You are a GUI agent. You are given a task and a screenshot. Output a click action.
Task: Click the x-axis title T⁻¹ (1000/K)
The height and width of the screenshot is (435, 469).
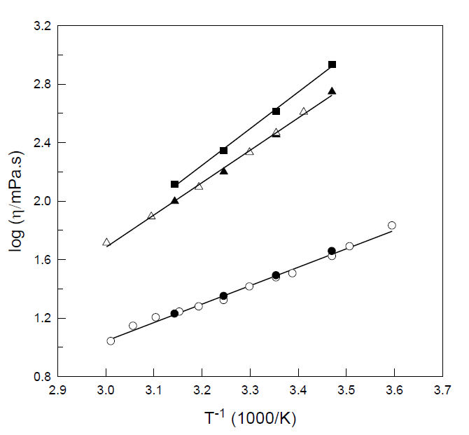coord(250,419)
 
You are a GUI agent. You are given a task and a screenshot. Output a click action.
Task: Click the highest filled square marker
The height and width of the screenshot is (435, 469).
coord(332,64)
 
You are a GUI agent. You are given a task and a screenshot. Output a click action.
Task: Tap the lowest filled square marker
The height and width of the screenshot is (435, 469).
coord(174,184)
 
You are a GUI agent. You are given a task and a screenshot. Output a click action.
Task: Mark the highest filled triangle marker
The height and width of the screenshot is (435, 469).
coord(332,91)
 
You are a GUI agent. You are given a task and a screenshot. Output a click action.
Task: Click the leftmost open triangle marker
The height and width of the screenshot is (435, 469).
coord(106,242)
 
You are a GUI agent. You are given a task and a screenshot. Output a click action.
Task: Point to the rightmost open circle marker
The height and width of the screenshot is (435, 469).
coord(392,226)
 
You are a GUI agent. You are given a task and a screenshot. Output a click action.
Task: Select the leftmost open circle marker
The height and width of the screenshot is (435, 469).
coord(111,341)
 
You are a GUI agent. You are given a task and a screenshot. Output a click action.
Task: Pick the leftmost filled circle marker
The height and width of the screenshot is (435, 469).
coord(174,314)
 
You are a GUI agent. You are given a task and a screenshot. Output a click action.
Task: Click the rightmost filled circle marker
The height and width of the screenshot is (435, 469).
coord(332,251)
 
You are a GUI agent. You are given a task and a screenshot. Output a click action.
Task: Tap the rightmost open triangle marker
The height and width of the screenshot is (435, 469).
coord(303,111)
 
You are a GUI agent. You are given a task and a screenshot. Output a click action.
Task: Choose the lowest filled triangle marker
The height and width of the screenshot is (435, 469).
coord(174,200)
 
